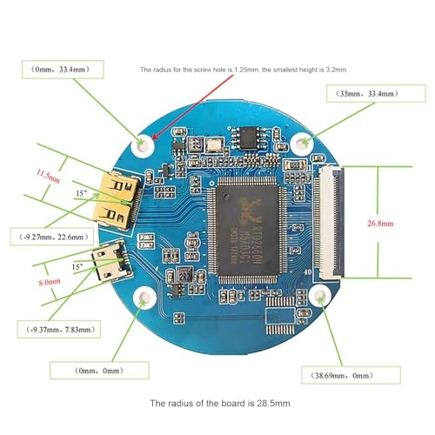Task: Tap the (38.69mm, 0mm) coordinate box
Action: coord(343,376)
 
